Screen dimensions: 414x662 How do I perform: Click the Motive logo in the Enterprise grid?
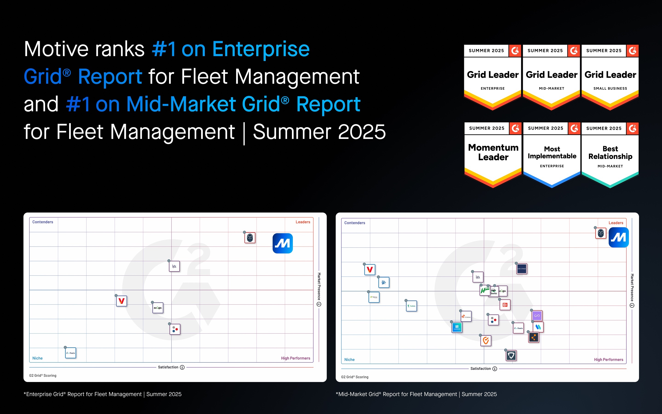[282, 243]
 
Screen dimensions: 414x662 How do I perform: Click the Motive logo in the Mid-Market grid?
[619, 237]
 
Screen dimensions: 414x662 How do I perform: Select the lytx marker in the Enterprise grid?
[174, 266]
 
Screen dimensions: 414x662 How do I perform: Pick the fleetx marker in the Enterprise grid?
[71, 353]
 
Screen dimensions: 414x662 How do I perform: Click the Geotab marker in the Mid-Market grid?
[521, 269]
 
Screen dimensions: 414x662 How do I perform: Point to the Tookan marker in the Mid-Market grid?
[411, 306]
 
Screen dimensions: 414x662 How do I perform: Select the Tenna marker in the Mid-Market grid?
[466, 316]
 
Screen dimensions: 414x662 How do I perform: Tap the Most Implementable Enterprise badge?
[552, 155]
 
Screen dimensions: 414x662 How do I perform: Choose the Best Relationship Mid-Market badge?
[610, 155]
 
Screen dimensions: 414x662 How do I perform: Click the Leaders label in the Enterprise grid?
[302, 222]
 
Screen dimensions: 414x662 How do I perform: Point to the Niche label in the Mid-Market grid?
[349, 359]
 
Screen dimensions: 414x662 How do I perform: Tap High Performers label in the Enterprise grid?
[295, 358]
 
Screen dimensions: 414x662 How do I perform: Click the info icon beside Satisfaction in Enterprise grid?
[182, 367]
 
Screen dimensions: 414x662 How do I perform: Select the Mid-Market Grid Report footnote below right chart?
[416, 394]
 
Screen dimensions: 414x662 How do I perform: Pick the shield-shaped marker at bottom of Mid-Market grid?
[511, 356]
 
